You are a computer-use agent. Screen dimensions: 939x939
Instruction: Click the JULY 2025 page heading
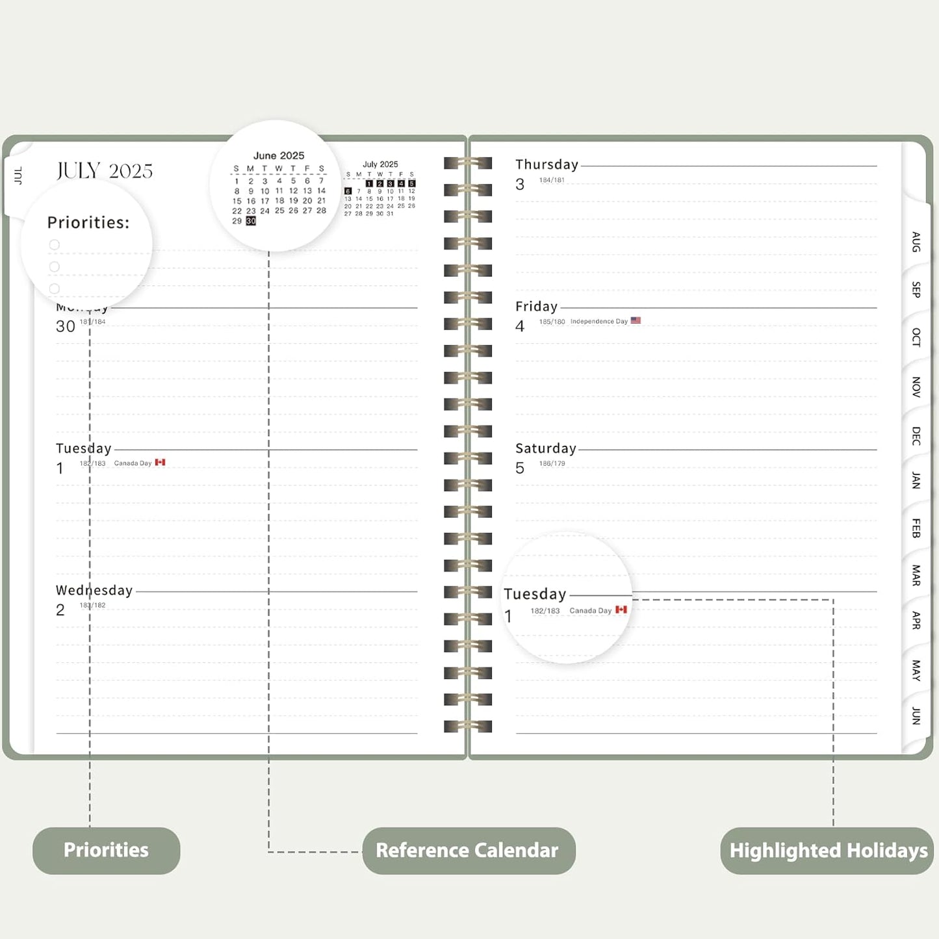coord(105,171)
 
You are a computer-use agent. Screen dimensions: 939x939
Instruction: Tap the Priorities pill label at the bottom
coord(106,850)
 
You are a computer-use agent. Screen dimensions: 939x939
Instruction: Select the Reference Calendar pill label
coord(467,850)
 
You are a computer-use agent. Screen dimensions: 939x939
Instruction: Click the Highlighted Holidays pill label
coord(828,850)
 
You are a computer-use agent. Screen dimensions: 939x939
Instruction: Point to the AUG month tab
coord(916,242)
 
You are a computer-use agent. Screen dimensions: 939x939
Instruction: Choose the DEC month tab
coord(916,435)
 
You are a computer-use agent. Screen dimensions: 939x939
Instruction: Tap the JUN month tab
coord(916,715)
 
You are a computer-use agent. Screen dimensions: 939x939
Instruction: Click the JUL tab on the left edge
coord(18,175)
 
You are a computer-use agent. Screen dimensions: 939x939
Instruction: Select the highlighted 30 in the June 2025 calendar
coord(251,221)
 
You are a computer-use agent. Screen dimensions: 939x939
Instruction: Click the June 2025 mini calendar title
coord(279,156)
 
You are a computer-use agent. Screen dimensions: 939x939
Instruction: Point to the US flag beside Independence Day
coord(636,320)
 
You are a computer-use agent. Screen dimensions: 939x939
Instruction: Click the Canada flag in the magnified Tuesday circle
coord(621,610)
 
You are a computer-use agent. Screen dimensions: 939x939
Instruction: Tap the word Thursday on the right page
coord(547,165)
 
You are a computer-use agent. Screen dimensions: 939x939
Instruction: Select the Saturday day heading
coord(546,448)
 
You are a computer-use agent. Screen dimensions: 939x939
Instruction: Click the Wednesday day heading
coord(94,590)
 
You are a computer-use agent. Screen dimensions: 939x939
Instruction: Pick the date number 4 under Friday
coord(520,326)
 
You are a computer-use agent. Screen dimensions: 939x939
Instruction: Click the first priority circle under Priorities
coord(55,245)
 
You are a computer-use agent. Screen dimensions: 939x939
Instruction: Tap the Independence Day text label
coord(598,322)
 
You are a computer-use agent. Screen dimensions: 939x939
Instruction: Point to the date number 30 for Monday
coord(66,326)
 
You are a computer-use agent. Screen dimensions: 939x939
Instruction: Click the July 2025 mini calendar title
coord(380,164)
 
